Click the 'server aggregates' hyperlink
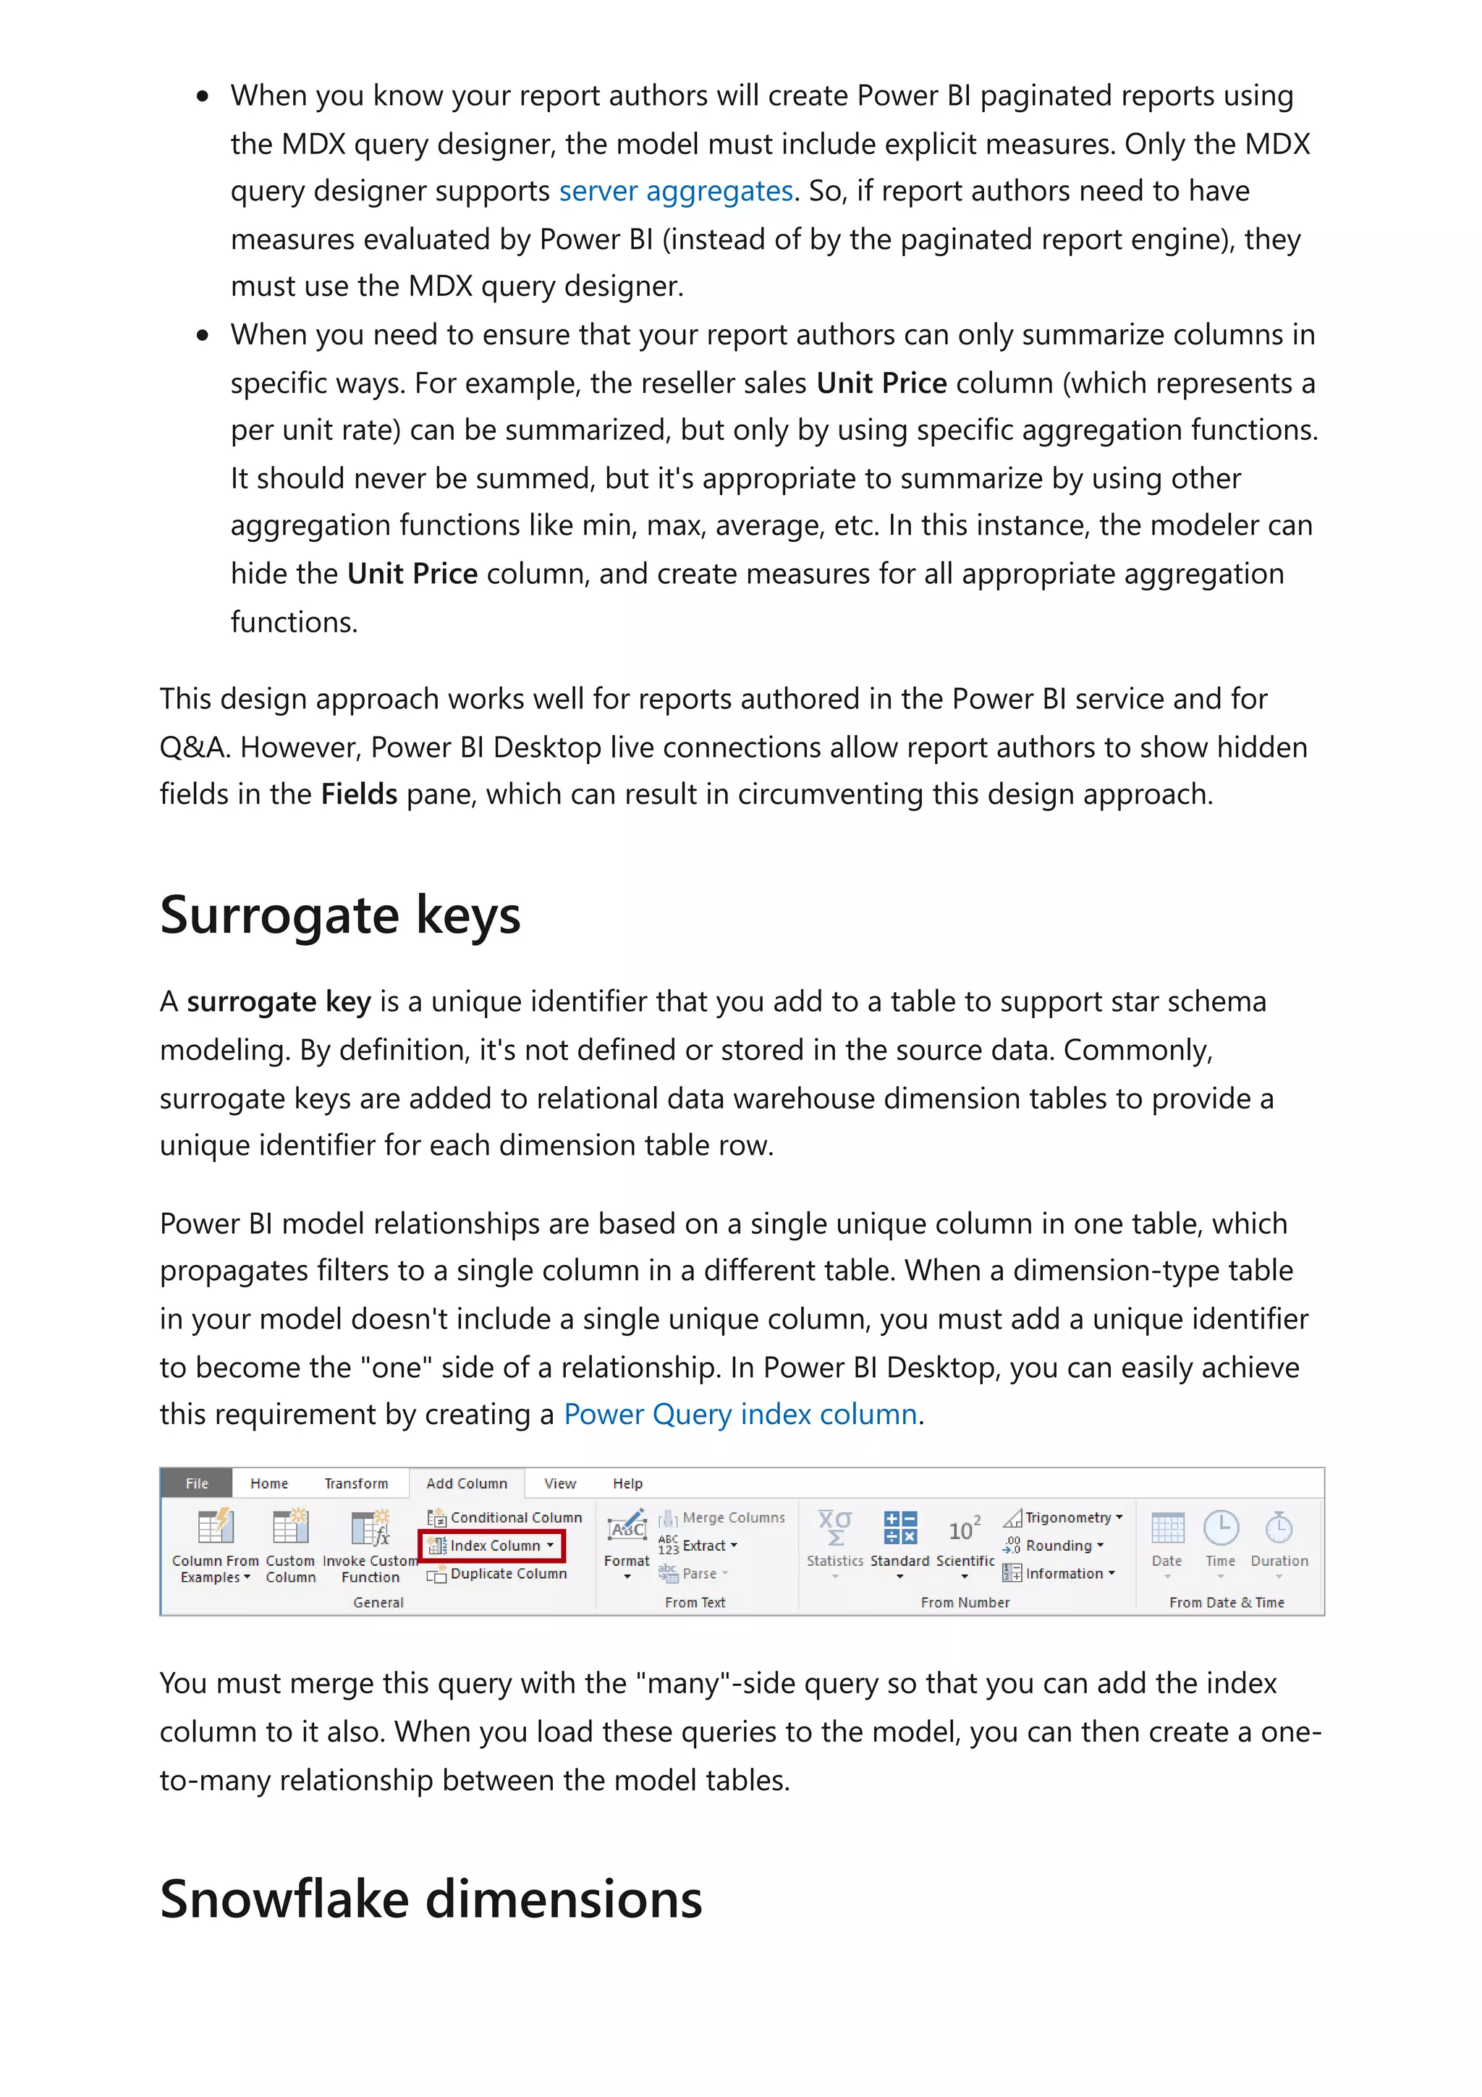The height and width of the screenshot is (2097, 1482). pos(676,191)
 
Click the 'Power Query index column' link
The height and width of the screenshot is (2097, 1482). pos(740,1414)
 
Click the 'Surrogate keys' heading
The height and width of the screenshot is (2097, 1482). pos(339,915)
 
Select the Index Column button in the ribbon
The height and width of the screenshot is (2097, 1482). pos(494,1546)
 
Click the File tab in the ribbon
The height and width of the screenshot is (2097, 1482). pos(196,1483)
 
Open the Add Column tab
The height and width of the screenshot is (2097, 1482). pos(466,1483)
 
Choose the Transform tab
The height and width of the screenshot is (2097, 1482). pos(356,1483)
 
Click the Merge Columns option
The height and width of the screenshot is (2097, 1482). pos(732,1517)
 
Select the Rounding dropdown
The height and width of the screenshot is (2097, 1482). pos(1063,1546)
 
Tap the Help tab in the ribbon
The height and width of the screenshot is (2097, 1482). pos(627,1483)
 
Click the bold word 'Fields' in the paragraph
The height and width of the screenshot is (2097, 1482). pos(359,795)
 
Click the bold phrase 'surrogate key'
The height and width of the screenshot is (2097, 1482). pos(279,1002)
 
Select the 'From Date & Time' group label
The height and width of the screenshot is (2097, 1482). pos(1227,1602)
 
